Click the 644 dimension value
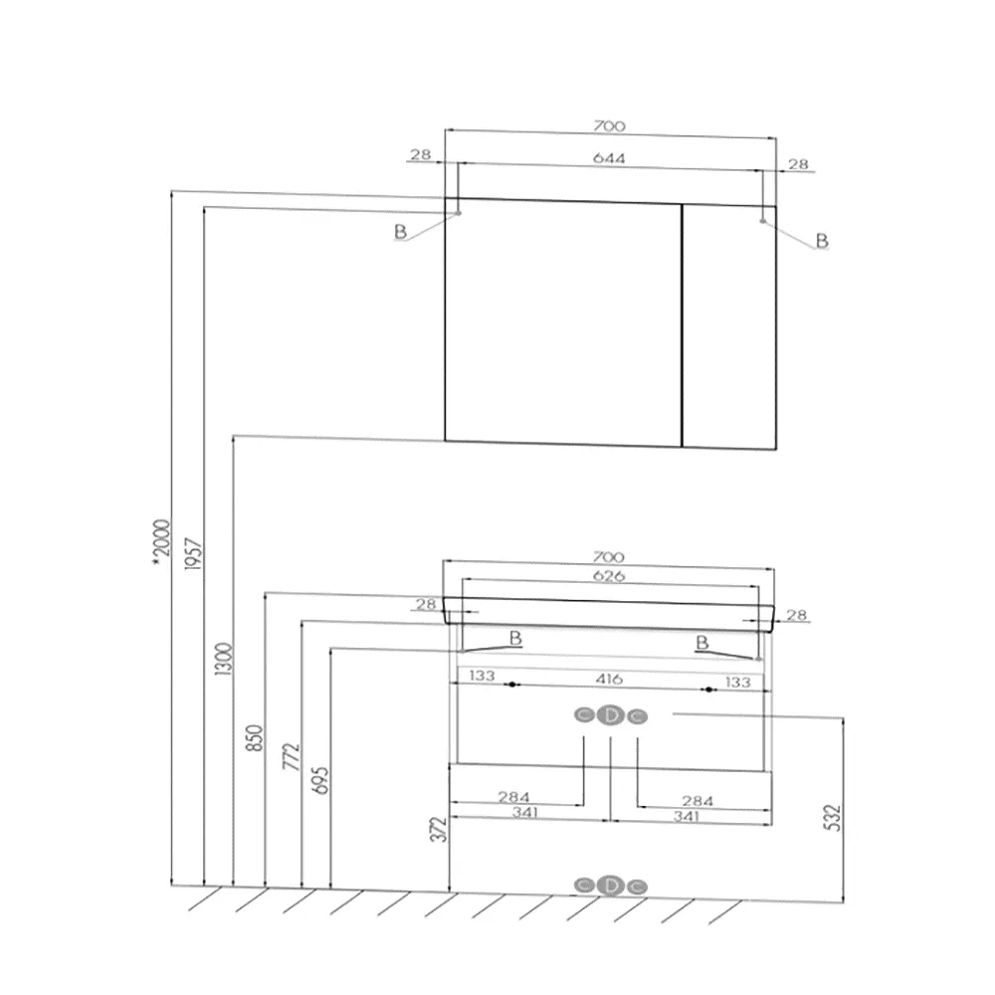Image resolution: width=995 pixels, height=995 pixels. click(x=609, y=157)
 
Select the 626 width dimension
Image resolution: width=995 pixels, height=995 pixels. click(x=609, y=575)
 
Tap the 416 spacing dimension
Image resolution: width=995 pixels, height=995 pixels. click(x=609, y=679)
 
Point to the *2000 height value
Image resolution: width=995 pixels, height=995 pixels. click(x=162, y=541)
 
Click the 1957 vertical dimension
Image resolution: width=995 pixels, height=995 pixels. click(x=193, y=554)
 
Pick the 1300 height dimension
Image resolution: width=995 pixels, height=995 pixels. click(x=223, y=659)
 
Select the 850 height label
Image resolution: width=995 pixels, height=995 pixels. click(x=254, y=738)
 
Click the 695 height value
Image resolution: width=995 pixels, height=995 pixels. click(x=320, y=780)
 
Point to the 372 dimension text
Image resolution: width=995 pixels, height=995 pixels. click(x=439, y=830)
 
